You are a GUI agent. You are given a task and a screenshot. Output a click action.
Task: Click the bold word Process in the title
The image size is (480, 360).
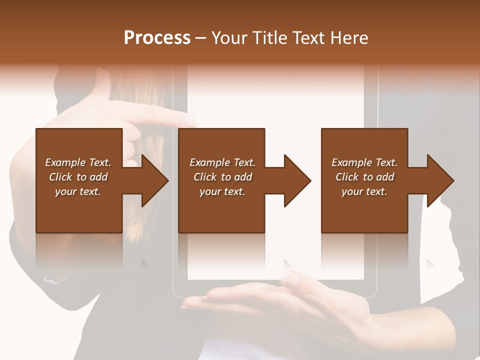pyautogui.click(x=157, y=38)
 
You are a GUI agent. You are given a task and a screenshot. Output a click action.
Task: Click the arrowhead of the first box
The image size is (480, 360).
pyautogui.click(x=155, y=180)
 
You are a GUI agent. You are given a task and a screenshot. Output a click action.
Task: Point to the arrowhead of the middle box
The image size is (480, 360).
pyautogui.click(x=297, y=180)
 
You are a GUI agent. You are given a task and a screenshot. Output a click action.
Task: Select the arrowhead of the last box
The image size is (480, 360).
pyautogui.click(x=440, y=180)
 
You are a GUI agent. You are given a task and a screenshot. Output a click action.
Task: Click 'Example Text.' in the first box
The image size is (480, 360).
pyautogui.click(x=78, y=162)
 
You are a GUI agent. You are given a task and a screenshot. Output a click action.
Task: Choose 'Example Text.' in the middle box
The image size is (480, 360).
pyautogui.click(x=222, y=162)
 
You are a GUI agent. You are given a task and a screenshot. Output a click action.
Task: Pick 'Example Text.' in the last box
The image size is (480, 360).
pyautogui.click(x=364, y=162)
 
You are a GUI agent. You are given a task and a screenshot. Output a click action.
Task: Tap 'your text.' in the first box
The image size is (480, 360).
pyautogui.click(x=78, y=191)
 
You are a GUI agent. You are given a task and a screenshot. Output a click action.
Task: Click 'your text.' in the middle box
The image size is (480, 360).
pyautogui.click(x=222, y=191)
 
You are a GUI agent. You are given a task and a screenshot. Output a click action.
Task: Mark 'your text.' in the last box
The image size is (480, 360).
pyautogui.click(x=364, y=191)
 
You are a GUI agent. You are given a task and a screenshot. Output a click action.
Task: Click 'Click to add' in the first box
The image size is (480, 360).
pyautogui.click(x=78, y=177)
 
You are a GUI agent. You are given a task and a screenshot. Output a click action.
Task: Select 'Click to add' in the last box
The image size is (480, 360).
pyautogui.click(x=364, y=177)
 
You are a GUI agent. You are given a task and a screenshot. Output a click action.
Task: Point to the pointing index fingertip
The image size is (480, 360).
pyautogui.click(x=190, y=120)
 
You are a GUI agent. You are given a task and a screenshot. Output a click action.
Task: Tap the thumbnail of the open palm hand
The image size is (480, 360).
pyautogui.click(x=290, y=279)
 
